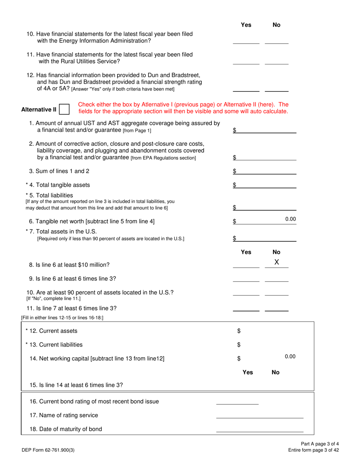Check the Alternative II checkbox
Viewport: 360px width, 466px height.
pos(64,109)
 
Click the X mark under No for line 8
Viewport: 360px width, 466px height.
pos(277,262)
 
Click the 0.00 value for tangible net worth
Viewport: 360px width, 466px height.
pos(290,219)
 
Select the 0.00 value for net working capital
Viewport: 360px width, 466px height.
pos(290,357)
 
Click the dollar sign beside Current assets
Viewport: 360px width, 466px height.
pos(239,331)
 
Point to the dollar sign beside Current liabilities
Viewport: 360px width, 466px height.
pos(239,345)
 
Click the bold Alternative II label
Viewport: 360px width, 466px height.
pos(39,110)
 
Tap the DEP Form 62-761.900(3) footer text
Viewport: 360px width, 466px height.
pos(47,450)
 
